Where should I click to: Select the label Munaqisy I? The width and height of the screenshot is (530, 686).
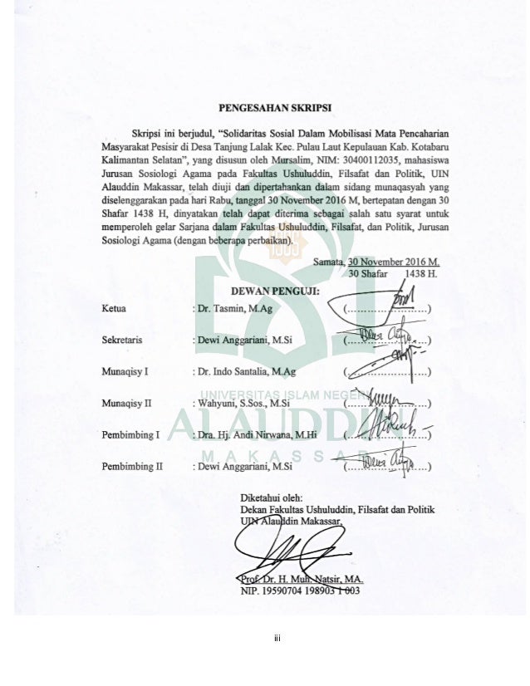click(125, 372)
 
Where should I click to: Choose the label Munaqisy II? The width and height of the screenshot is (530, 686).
click(126, 404)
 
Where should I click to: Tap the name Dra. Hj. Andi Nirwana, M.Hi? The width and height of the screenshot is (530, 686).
click(258, 434)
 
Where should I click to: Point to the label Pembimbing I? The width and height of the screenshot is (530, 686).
click(129, 434)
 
